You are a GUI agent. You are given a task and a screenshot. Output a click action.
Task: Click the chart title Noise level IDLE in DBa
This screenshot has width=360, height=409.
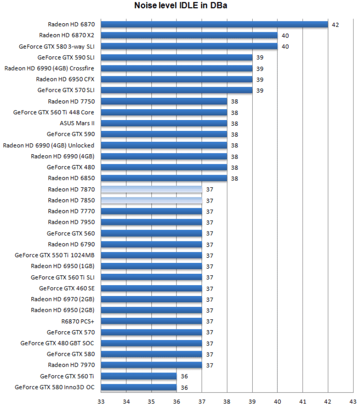point(180,6)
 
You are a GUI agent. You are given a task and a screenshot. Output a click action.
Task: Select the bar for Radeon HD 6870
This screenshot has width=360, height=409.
point(214,24)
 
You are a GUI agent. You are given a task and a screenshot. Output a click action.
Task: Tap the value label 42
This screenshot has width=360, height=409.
point(335,25)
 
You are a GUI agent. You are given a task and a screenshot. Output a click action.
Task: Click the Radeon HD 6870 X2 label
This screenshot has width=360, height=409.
point(66,35)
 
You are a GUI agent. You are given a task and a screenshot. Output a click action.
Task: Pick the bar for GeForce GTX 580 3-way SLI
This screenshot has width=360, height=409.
point(189,46)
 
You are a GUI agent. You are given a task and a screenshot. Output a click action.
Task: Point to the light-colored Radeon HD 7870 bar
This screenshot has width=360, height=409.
point(151,189)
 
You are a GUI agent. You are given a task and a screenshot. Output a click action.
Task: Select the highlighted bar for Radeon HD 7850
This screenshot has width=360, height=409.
point(151,200)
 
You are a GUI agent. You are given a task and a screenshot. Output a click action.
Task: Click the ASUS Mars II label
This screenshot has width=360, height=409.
point(77,123)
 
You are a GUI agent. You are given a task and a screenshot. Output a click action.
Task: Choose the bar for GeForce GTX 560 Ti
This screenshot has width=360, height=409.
point(138,376)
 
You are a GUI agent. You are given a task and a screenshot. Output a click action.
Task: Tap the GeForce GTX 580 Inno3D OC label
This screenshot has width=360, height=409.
point(55,387)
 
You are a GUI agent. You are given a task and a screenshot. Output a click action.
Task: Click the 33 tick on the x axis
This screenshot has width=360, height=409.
point(101,401)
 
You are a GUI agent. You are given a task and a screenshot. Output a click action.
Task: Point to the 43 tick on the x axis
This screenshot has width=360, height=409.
point(352,401)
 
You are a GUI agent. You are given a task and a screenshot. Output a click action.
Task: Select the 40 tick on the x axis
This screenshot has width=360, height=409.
point(277,401)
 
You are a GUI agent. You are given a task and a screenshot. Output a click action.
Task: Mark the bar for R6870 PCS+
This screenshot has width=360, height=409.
point(151,321)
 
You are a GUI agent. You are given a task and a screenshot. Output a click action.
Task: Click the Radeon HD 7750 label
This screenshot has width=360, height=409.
point(71,101)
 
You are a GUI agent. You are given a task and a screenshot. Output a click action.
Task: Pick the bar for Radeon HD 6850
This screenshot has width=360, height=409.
point(164,178)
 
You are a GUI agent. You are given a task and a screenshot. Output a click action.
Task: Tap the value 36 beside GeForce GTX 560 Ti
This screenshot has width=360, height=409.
point(184,377)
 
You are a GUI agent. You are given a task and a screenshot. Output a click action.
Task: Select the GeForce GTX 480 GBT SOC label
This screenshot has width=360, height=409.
point(57,343)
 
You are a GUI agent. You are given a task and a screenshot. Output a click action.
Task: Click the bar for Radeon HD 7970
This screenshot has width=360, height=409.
point(151,365)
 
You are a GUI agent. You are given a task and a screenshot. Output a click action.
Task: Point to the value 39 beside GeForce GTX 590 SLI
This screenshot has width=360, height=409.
point(259,57)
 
